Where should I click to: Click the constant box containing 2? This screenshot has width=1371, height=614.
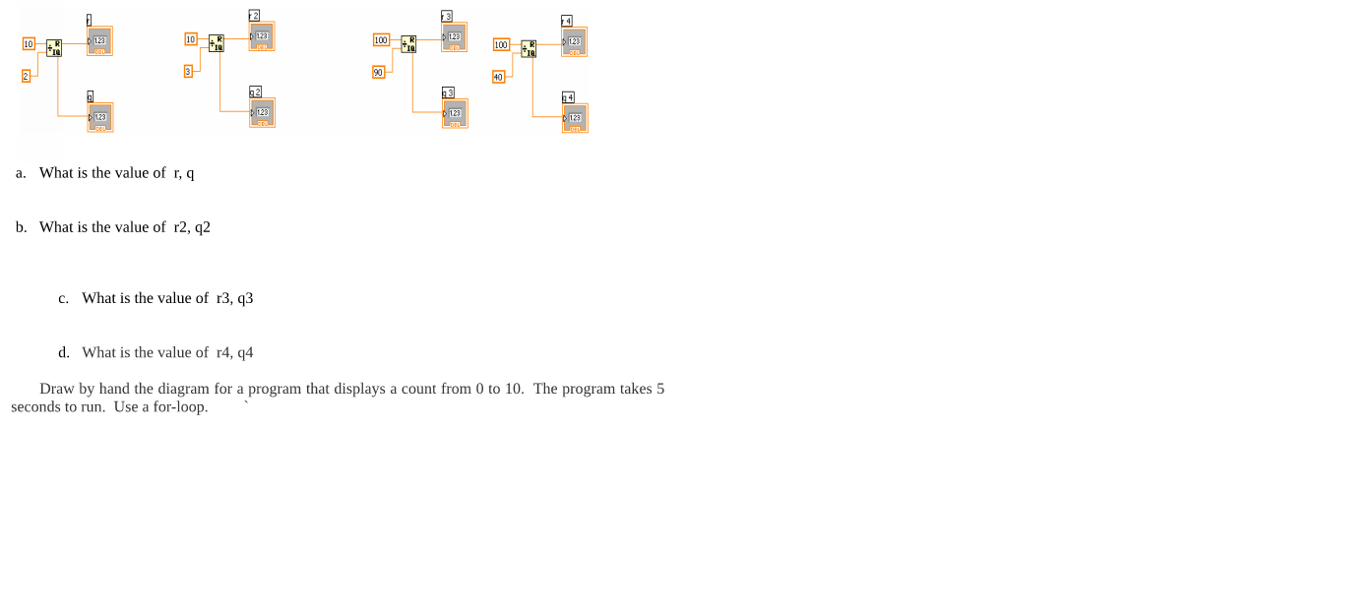[27, 76]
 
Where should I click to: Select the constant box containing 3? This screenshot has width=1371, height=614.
[188, 71]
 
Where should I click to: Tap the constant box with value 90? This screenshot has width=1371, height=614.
[378, 72]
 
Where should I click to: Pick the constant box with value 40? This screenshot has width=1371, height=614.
[498, 77]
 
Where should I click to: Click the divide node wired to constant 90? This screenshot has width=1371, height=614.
[408, 43]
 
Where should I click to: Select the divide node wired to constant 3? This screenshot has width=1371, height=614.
[217, 43]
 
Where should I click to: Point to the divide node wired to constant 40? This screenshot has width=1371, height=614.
[530, 48]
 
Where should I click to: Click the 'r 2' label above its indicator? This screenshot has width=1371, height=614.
[254, 16]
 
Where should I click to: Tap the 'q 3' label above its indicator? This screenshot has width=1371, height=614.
[448, 92]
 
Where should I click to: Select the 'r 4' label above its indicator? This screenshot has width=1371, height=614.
[567, 21]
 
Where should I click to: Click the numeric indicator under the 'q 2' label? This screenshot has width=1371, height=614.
[262, 113]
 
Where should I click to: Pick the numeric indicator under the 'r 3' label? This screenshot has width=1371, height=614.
[454, 37]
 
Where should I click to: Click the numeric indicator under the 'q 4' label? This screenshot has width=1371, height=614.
[575, 118]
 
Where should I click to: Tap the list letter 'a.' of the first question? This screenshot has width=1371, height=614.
[21, 173]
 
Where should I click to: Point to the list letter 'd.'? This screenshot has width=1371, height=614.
[64, 352]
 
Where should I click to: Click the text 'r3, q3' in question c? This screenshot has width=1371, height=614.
[234, 298]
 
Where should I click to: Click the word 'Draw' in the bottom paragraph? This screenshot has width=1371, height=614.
[56, 389]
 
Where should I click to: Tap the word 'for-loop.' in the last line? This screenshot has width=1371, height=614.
[180, 406]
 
